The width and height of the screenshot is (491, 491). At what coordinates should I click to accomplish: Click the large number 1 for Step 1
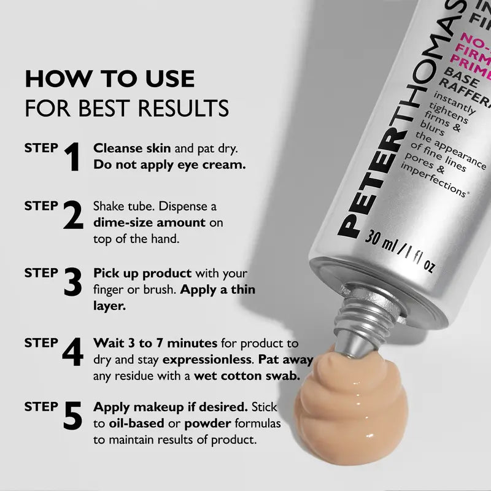73,157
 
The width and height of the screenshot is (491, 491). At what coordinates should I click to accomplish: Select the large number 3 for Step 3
73,282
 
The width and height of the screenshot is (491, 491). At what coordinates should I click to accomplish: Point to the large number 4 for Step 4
72,352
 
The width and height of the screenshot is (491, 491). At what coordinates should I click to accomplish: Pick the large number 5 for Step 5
72,416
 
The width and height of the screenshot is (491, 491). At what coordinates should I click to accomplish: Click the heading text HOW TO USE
110,79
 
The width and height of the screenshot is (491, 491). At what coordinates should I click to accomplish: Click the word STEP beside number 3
41,273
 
